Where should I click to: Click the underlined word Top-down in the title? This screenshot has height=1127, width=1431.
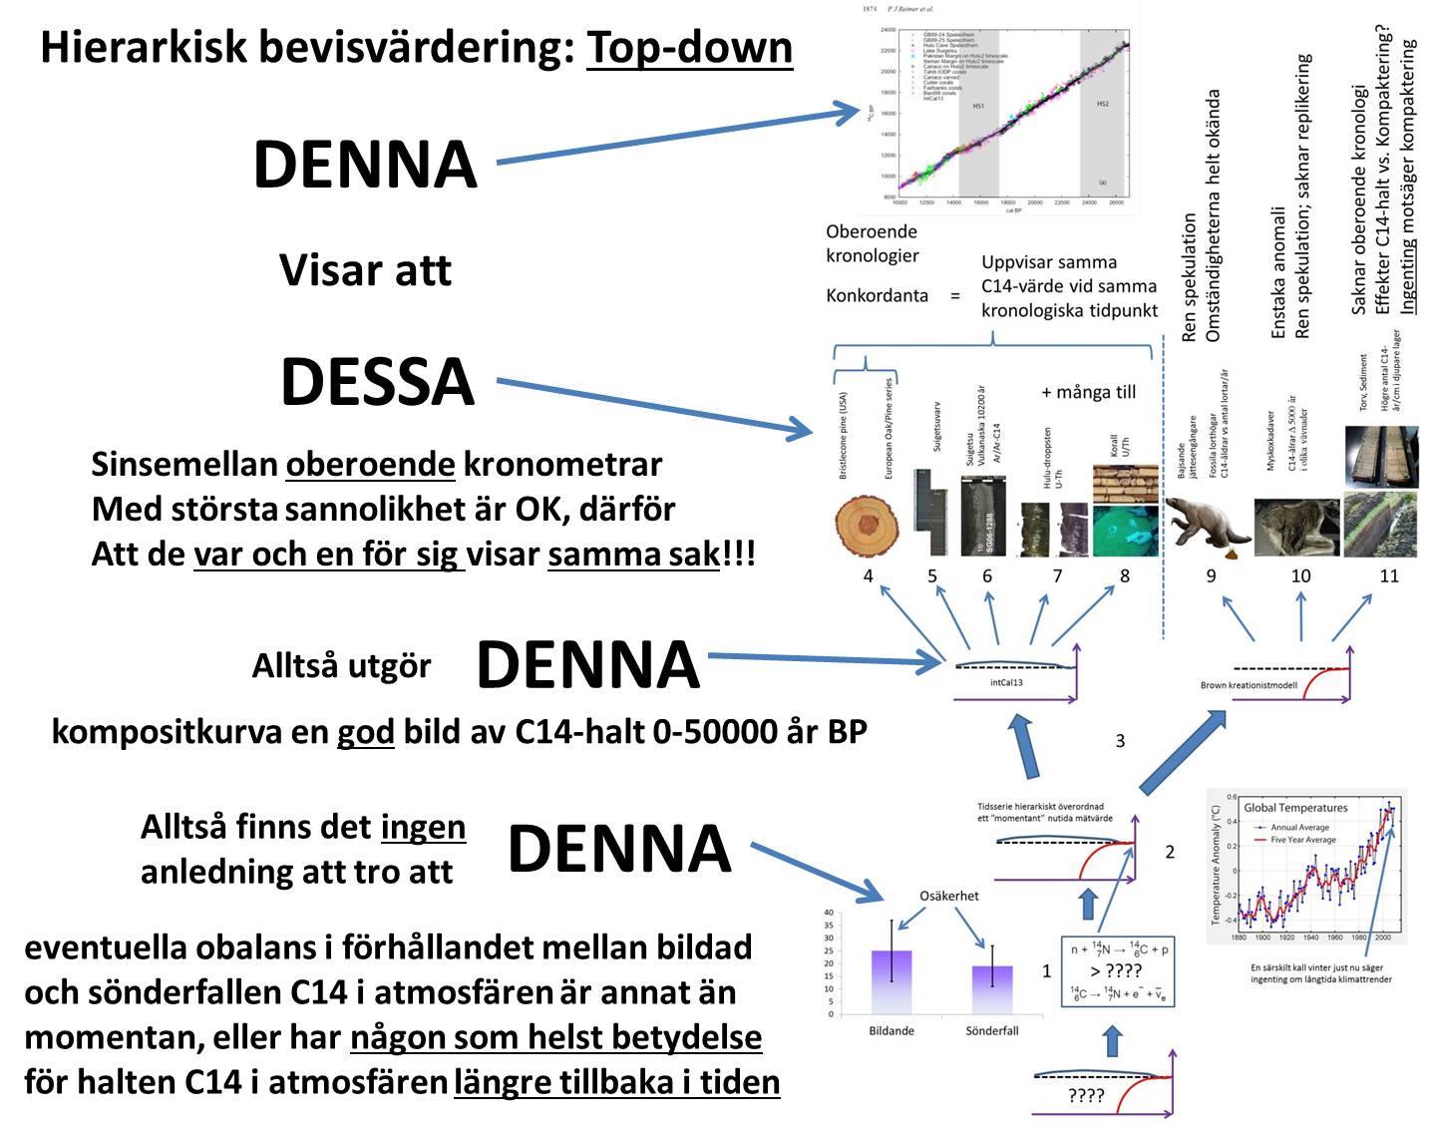pos(689,47)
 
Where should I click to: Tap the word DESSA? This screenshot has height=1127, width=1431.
pos(377,382)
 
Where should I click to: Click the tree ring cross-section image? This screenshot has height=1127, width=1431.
pos(868,526)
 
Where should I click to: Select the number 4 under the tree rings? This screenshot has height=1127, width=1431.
pos(869,575)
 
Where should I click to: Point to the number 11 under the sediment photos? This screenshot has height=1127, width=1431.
pos(1388,575)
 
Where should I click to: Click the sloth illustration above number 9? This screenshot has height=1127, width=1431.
pos(1209,524)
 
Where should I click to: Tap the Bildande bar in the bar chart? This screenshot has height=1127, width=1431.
pos(891,981)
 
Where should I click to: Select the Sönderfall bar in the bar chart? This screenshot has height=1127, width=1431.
pos(992,989)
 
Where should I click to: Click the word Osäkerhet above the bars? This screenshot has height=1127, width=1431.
pos(948,896)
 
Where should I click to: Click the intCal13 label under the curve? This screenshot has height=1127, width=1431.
pos(1006,683)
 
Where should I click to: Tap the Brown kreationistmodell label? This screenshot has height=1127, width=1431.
pos(1249,685)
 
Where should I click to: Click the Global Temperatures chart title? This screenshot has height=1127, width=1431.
pos(1294,808)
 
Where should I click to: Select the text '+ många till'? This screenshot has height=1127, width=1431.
pos(1089,392)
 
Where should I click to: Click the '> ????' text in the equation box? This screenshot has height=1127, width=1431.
pos(1115,970)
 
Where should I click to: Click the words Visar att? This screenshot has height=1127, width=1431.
pos(365,270)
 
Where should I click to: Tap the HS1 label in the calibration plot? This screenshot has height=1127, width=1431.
pos(979,106)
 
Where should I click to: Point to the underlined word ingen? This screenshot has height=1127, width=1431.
pos(423,827)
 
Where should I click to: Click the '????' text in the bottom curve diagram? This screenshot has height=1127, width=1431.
pos(1085,1096)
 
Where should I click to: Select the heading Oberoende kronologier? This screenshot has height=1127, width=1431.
pos(872,243)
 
